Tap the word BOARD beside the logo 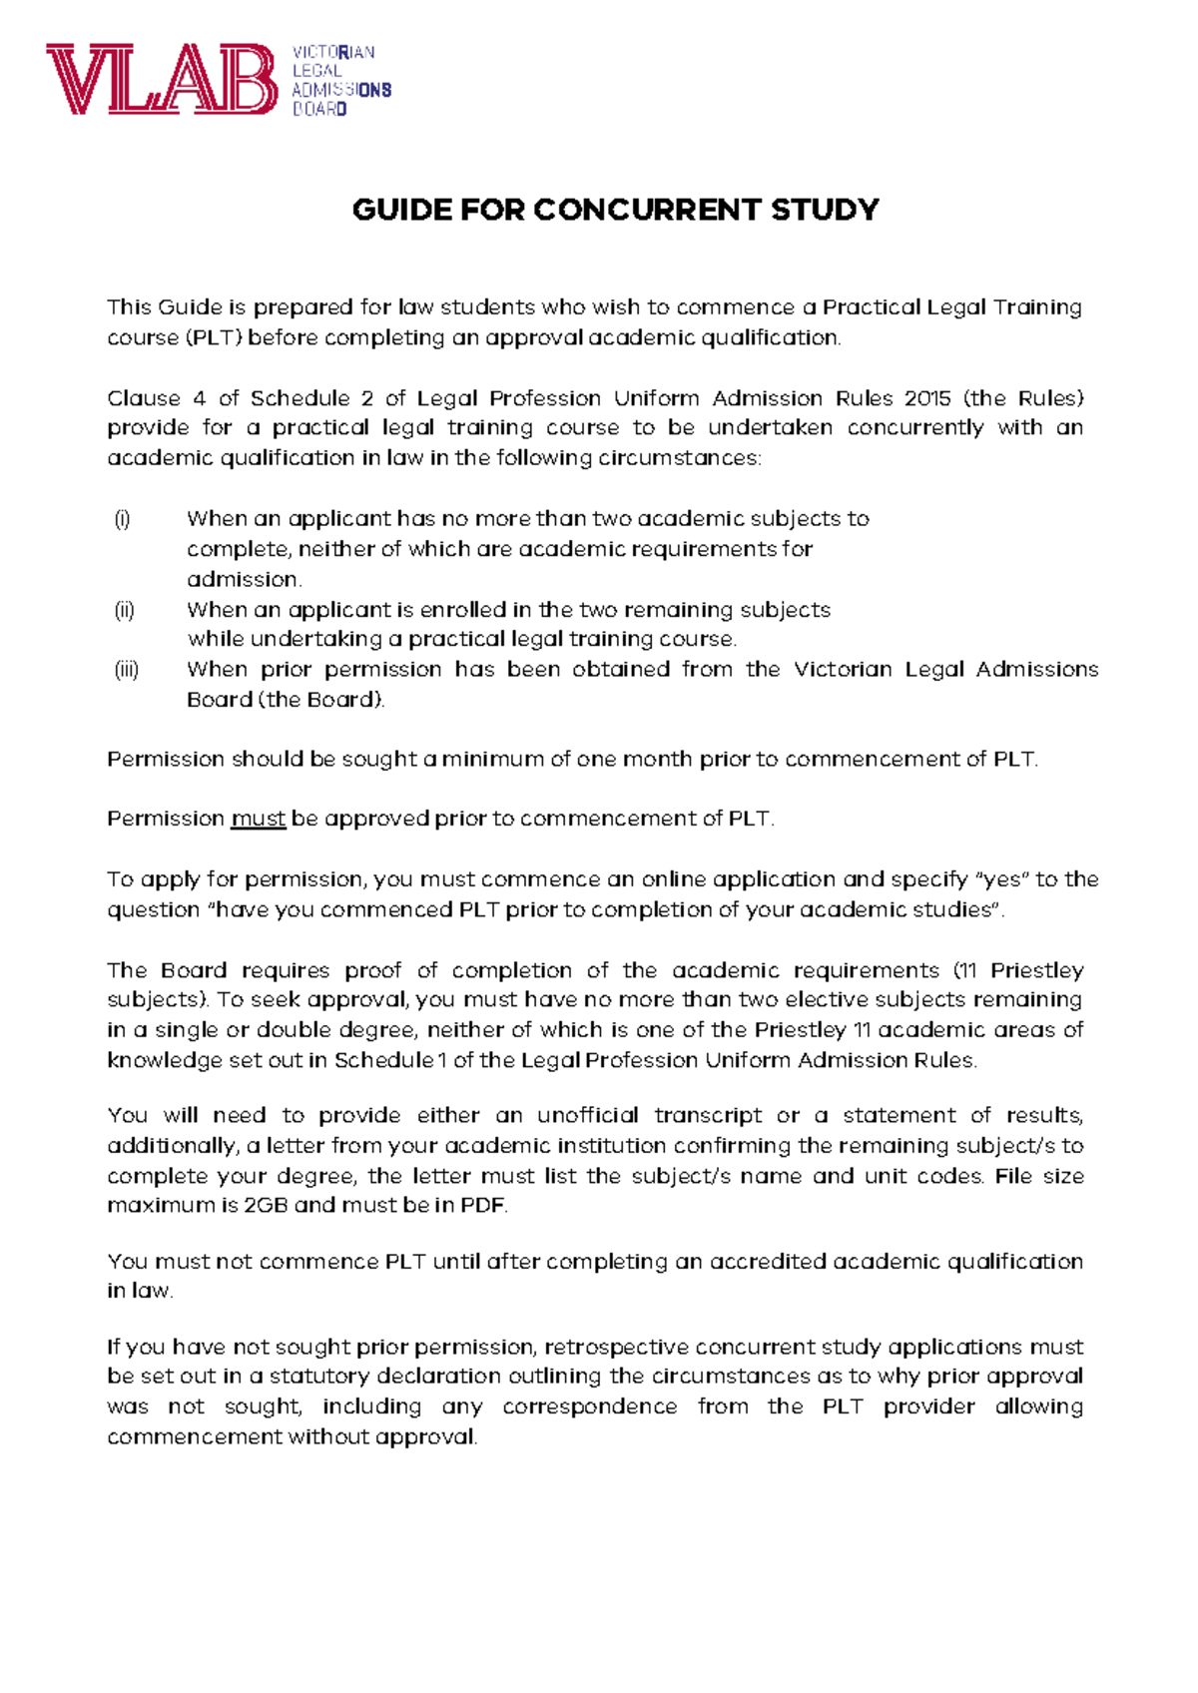tap(319, 109)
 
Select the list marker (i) tap(122, 519)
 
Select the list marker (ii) tap(124, 610)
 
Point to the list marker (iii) tap(126, 670)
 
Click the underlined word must tap(258, 820)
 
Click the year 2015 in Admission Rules tap(927, 398)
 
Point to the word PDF tap(482, 1206)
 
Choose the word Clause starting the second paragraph tap(144, 398)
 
